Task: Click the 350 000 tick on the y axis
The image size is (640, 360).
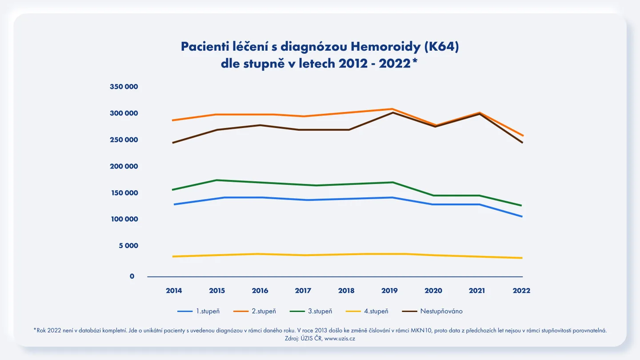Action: (124, 87)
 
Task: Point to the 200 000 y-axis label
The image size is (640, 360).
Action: (124, 166)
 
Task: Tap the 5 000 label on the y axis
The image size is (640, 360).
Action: (128, 246)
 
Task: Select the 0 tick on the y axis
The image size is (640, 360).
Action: (132, 276)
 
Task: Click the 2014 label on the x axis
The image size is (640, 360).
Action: (174, 291)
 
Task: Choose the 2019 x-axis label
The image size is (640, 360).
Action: (389, 291)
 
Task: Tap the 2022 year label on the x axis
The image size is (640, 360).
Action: (521, 291)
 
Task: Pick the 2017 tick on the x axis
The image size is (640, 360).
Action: (303, 291)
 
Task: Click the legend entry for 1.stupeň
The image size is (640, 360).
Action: (199, 311)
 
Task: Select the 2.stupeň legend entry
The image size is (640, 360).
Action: (255, 311)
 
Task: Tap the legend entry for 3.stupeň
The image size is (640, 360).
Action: (311, 311)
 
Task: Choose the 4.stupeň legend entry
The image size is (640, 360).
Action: (367, 311)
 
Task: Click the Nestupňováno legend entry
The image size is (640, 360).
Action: (432, 311)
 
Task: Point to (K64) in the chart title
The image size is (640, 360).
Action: (441, 47)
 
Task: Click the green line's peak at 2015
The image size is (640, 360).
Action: (217, 180)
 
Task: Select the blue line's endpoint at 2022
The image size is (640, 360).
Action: (522, 216)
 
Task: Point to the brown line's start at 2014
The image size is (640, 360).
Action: (172, 143)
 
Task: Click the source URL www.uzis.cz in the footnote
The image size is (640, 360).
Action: (340, 339)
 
